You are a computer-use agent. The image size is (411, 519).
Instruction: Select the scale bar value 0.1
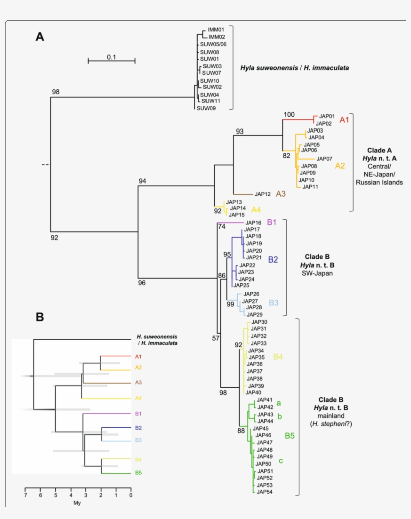(111, 57)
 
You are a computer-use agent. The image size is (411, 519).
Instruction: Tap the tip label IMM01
(216, 30)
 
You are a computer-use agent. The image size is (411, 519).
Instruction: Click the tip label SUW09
(206, 108)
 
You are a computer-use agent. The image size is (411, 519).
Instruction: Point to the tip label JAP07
(323, 159)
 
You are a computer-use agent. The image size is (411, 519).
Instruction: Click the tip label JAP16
(252, 223)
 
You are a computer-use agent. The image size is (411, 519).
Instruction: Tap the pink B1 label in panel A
(272, 222)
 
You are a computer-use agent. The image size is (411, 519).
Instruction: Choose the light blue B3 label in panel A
(273, 302)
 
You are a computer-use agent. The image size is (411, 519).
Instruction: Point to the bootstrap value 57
(215, 338)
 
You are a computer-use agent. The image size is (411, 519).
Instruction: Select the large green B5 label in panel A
(289, 435)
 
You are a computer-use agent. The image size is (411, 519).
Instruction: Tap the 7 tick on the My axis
(25, 495)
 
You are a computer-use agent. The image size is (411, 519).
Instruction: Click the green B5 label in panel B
(138, 473)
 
